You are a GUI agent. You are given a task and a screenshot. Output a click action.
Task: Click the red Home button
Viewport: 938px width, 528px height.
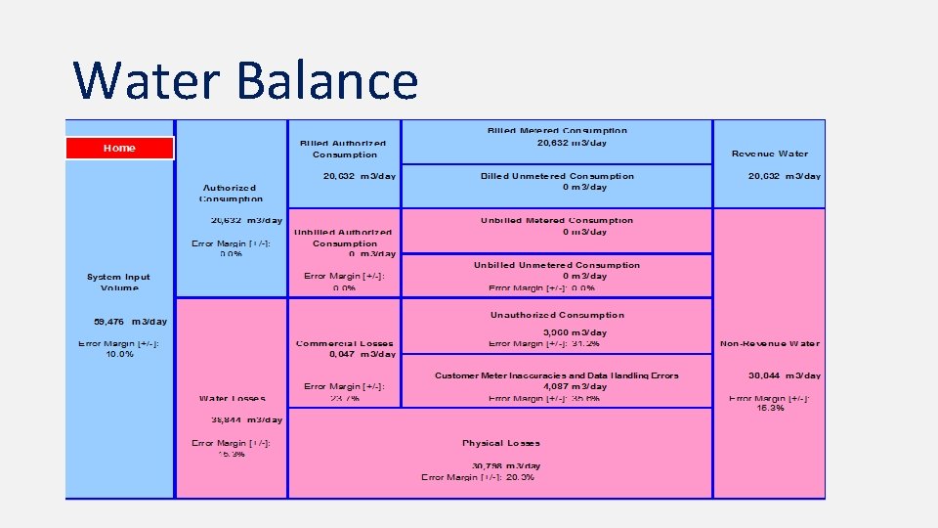click(119, 148)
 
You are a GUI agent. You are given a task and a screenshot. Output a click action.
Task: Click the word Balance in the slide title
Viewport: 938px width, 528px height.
click(326, 80)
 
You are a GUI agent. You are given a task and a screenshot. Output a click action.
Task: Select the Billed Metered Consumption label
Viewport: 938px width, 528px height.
click(557, 130)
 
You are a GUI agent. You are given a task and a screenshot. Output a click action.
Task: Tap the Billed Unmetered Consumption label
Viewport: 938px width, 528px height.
click(557, 176)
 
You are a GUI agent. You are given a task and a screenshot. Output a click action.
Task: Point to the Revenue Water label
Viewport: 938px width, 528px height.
click(770, 154)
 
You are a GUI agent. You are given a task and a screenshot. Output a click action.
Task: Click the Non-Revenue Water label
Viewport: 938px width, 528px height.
click(770, 343)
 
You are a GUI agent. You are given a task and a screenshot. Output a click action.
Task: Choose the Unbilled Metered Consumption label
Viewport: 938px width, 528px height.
click(557, 221)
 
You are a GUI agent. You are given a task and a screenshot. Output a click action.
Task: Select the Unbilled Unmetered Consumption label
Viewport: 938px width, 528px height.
click(557, 265)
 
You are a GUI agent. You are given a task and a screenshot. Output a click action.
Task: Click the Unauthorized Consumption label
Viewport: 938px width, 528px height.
click(557, 315)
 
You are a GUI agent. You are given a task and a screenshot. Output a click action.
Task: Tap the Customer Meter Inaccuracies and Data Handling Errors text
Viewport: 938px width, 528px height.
click(557, 375)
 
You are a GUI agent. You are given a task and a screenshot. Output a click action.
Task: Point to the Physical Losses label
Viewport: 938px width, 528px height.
click(501, 443)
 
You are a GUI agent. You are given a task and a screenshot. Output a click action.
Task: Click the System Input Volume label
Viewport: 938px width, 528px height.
click(119, 283)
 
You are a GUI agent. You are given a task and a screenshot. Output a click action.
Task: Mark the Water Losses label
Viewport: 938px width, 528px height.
click(232, 398)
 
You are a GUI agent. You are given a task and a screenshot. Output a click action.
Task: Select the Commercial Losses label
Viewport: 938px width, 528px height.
click(345, 343)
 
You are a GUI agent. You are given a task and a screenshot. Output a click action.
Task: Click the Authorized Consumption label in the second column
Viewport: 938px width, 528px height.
click(230, 193)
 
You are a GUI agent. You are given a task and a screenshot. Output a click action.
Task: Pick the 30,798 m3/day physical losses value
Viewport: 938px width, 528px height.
click(506, 465)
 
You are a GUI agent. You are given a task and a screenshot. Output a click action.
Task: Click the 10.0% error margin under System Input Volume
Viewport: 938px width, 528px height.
click(119, 354)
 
